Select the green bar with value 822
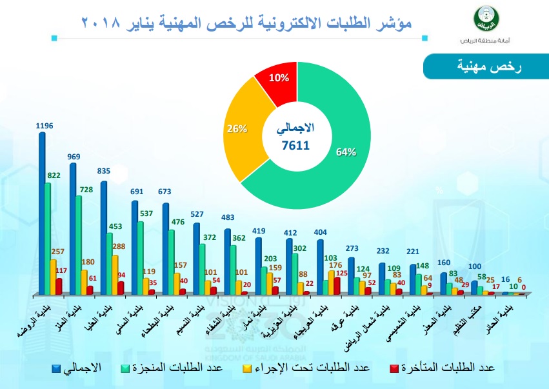(48, 239)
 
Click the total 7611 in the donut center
(296, 145)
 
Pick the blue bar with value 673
(166, 248)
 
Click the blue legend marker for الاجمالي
(57, 368)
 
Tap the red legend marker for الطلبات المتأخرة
(394, 368)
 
